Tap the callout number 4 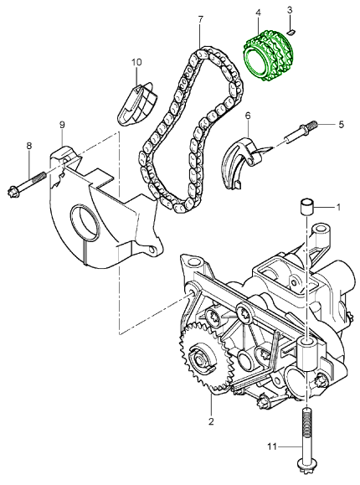258,13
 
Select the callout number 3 289,10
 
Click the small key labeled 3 291,31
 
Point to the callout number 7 200,18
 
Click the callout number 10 136,62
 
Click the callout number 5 342,125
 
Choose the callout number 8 29,146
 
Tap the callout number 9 61,126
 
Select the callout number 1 339,206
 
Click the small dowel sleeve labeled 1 307,206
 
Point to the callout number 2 211,421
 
